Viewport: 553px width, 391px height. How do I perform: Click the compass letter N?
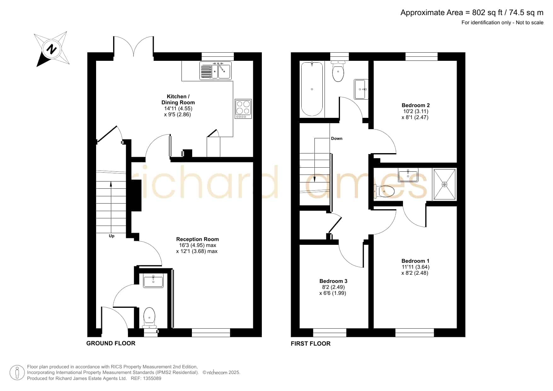click(51, 49)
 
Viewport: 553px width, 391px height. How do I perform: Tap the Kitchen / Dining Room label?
click(178, 100)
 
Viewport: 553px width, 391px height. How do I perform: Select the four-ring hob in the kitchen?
click(243, 109)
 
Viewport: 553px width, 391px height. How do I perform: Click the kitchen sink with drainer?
click(216, 71)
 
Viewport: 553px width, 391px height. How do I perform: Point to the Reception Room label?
click(198, 239)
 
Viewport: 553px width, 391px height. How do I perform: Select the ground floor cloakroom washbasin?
click(153, 280)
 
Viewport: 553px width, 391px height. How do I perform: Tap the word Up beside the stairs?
click(112, 236)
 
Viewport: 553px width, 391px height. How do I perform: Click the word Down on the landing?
click(337, 138)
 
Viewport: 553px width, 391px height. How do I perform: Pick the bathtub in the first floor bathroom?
click(312, 89)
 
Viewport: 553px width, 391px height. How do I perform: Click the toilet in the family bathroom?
click(338, 71)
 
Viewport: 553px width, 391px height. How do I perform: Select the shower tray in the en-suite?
click(445, 184)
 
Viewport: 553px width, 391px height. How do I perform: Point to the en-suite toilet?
click(385, 191)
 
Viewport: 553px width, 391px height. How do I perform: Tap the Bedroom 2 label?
click(416, 105)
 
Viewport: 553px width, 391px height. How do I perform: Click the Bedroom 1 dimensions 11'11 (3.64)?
click(415, 267)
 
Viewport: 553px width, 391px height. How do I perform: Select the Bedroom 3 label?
click(333, 281)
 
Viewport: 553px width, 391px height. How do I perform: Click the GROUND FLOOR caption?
click(111, 343)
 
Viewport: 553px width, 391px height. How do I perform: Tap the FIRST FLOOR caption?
click(311, 344)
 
